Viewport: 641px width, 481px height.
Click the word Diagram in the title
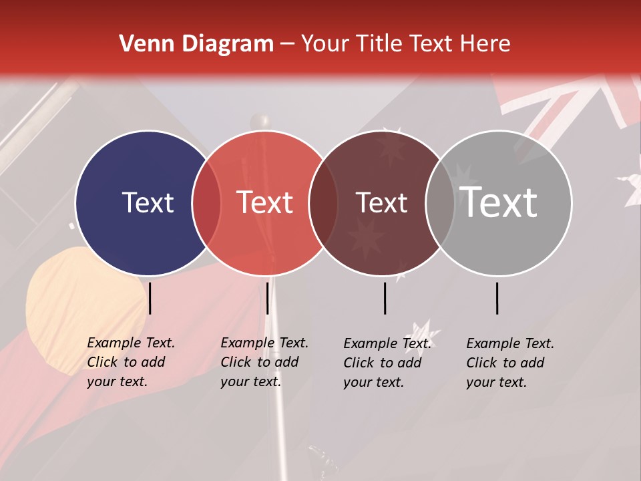[228, 44]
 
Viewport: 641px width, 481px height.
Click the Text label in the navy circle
[148, 202]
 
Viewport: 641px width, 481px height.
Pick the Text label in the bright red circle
[265, 202]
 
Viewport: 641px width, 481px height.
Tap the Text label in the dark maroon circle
[381, 203]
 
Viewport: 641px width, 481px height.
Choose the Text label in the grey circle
[499, 202]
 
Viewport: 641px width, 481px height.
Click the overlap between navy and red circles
[206, 202]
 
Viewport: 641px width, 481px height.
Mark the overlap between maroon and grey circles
[440, 202]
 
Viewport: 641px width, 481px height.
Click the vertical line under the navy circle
[150, 298]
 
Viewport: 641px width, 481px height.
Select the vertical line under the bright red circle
[267, 298]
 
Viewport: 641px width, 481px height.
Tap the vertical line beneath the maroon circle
[385, 298]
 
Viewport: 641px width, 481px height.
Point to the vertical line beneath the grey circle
[497, 298]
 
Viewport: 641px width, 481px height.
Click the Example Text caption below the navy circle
[130, 362]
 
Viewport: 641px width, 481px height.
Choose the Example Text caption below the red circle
[264, 362]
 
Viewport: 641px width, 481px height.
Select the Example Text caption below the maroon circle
[387, 363]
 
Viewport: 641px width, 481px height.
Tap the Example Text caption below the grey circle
[509, 363]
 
